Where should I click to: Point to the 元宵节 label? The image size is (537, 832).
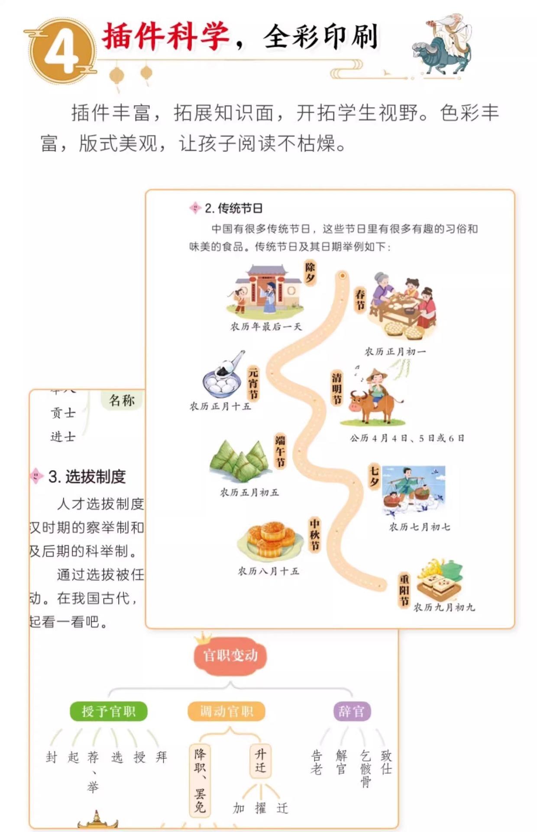tap(253, 383)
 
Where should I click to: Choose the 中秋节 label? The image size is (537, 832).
tap(315, 535)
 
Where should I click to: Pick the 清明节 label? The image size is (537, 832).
tap(336, 388)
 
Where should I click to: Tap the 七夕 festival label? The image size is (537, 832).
tap(374, 476)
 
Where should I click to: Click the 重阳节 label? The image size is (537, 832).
tap(404, 590)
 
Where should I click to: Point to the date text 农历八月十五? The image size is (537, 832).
tap(268, 571)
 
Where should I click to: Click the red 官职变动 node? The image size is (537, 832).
tap(230, 655)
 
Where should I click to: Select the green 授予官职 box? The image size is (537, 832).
tap(109, 711)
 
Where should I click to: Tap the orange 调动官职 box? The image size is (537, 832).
tap(226, 711)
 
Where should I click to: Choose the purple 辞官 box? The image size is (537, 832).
tap(352, 711)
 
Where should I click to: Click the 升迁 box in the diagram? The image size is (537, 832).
tap(260, 761)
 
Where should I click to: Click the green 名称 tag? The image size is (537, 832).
tap(122, 400)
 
